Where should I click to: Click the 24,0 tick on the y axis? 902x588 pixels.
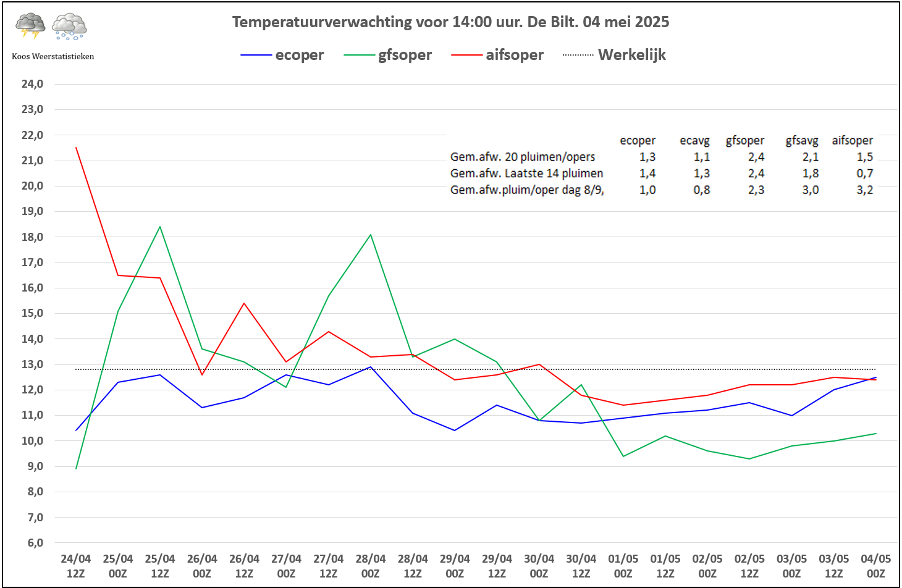[32, 84]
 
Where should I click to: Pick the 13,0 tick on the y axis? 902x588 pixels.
[32, 364]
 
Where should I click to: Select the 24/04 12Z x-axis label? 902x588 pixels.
[76, 566]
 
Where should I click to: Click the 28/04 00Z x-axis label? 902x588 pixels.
[371, 566]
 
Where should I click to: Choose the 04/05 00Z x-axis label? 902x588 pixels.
[875, 566]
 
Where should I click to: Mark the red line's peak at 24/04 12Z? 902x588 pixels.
[76, 148]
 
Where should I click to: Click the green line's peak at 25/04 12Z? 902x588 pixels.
[160, 227]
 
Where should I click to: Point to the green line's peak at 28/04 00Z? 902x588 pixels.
[371, 235]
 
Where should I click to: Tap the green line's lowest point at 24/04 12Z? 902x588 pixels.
[76, 469]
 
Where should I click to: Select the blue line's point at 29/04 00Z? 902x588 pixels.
[455, 430]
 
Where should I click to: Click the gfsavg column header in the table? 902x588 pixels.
[801, 141]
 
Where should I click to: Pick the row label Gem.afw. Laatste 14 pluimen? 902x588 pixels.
[526, 174]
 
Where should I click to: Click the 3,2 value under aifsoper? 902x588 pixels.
[864, 190]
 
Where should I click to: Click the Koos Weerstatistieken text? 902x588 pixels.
[53, 56]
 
